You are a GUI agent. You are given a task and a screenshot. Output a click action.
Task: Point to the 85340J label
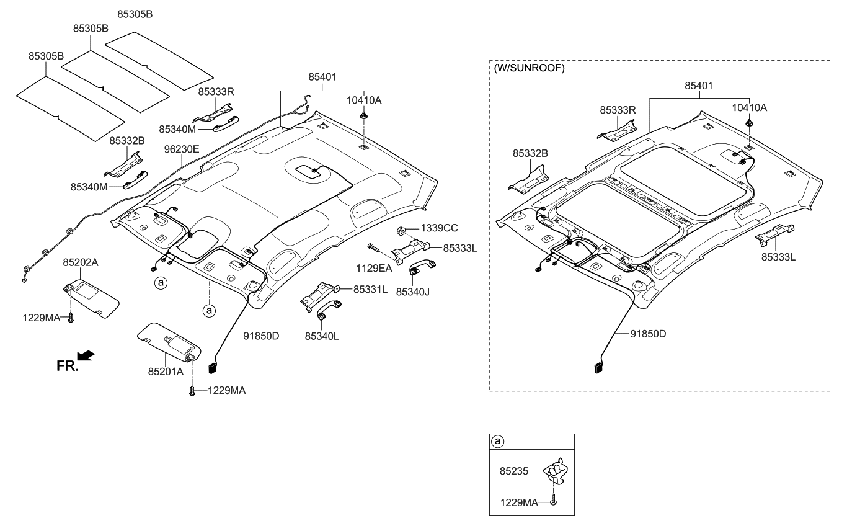coord(413,290)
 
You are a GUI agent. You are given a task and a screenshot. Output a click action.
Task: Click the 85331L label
coord(371,289)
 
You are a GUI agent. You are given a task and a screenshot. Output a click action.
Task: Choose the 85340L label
coord(322,336)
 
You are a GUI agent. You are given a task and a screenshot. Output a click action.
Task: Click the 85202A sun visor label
coord(80,262)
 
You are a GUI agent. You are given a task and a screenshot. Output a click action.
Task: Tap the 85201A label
coord(166,372)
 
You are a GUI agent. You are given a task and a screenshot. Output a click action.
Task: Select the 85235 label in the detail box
coord(513,471)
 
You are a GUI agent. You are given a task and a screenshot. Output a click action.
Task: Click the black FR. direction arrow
coord(87,355)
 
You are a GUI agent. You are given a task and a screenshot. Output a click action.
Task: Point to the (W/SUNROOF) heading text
coord(529,69)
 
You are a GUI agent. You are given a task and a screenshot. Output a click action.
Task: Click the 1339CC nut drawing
coord(401,232)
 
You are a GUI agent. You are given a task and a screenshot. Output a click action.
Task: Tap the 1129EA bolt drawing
coord(372,247)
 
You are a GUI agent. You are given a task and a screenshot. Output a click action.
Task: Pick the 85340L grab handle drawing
coord(329,311)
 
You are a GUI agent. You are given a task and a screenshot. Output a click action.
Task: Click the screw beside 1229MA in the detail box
coord(554,501)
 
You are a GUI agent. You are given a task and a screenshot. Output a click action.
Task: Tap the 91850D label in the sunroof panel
coord(648,334)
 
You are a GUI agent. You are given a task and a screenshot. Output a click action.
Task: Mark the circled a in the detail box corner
coord(497,442)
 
